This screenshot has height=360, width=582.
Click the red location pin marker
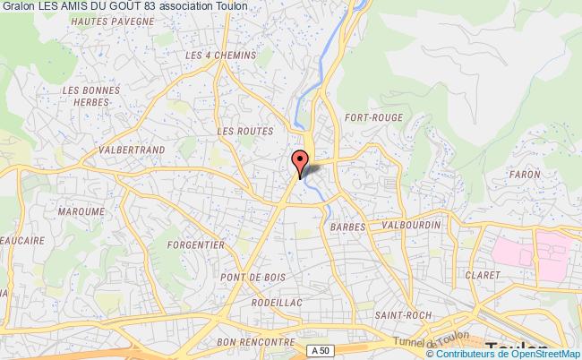(299, 161)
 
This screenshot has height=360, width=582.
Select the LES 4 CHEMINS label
(219, 56)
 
